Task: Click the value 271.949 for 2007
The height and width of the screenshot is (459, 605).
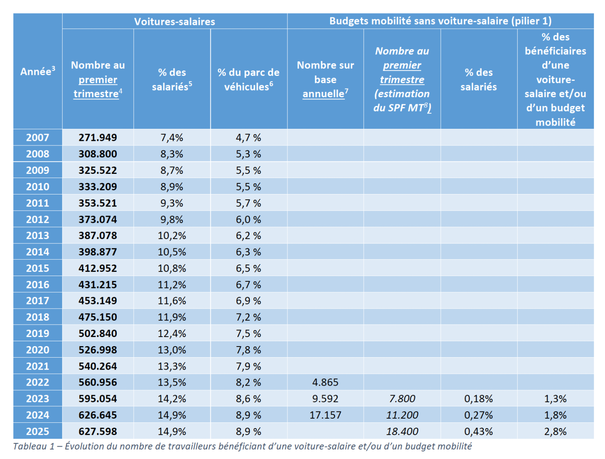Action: tap(98, 138)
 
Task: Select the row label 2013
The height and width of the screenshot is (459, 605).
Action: tap(38, 236)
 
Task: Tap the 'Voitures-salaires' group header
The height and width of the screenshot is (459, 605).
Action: tap(174, 21)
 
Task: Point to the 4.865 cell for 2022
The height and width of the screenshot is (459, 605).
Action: tap(325, 382)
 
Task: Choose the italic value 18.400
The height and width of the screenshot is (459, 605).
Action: tap(402, 431)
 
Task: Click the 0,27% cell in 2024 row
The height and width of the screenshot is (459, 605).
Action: tap(478, 415)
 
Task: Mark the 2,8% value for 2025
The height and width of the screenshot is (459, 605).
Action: tap(555, 431)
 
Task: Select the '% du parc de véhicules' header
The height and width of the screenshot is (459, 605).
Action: tap(248, 80)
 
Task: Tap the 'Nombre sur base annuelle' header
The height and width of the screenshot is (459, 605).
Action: tap(325, 80)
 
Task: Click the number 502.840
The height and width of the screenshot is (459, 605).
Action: tap(98, 333)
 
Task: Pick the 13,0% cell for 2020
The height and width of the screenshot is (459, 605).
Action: tap(172, 350)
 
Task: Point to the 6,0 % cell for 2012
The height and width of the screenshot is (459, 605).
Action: tap(248, 220)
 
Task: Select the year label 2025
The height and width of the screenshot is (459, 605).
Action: tap(38, 431)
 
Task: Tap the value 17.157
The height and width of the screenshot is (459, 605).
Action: tap(325, 415)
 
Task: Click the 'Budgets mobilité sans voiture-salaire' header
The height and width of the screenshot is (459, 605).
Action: tap(440, 21)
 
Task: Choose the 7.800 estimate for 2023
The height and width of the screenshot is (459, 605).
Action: tap(402, 399)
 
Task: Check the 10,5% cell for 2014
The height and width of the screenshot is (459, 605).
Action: tap(172, 252)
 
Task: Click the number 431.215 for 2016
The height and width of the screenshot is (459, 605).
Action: tap(98, 285)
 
